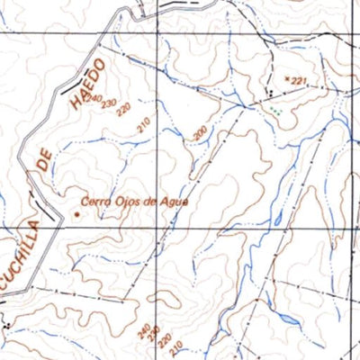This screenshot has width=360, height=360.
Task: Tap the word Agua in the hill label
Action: (x=175, y=201)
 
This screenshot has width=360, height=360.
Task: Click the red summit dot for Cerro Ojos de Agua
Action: (x=76, y=213)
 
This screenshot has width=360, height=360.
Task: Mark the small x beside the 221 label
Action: (x=286, y=79)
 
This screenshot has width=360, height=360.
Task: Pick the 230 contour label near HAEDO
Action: (x=109, y=104)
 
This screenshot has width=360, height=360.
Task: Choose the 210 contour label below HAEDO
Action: (x=144, y=125)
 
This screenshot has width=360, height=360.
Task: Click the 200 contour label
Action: (x=200, y=135)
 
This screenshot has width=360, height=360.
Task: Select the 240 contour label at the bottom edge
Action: (x=144, y=331)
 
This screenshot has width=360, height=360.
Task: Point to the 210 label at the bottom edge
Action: (x=176, y=347)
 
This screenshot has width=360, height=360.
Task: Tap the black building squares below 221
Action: (x=269, y=93)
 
